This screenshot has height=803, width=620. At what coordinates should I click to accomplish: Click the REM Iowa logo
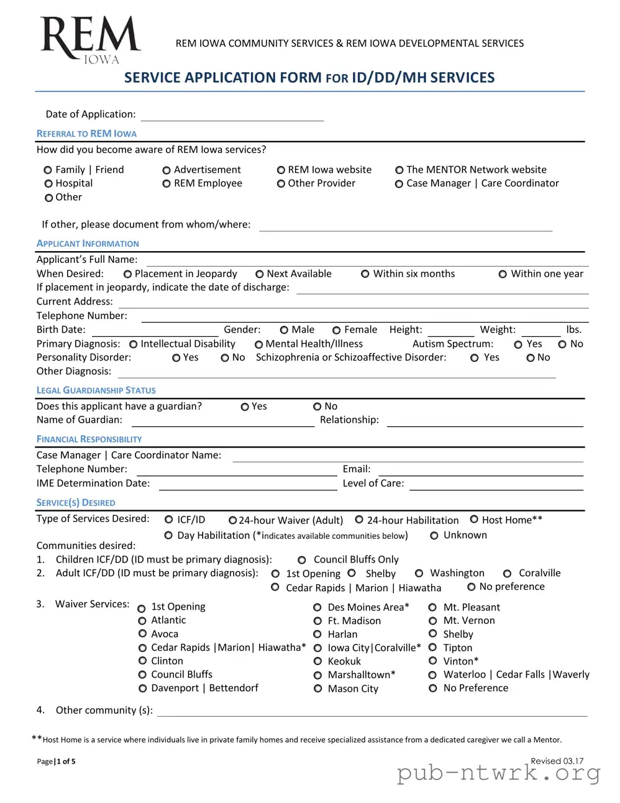90,40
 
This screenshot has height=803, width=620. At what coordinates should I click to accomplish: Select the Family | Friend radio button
48,170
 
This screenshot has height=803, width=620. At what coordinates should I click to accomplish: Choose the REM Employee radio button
166,184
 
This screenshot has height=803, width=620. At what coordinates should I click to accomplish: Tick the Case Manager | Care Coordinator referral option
399,184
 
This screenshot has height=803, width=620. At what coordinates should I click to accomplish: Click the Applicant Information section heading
88,244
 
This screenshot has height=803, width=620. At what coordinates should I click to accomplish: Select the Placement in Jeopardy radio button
127,274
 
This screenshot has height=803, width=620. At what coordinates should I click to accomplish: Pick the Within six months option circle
365,274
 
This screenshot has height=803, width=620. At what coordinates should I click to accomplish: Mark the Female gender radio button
336,330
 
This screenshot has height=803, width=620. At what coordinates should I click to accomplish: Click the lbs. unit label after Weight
573,330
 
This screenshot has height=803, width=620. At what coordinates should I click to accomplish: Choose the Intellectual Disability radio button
133,344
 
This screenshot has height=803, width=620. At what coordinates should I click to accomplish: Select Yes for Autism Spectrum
518,344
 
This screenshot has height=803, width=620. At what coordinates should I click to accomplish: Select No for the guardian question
317,406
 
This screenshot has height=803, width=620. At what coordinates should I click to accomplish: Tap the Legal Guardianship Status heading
96,390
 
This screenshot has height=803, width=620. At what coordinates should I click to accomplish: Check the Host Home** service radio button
474,520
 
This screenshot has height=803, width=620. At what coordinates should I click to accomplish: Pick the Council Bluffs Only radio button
302,560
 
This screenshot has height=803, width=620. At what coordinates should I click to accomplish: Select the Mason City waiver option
317,689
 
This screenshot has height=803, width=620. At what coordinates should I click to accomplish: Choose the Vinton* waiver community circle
433,661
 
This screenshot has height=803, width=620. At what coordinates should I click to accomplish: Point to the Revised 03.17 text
557,761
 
